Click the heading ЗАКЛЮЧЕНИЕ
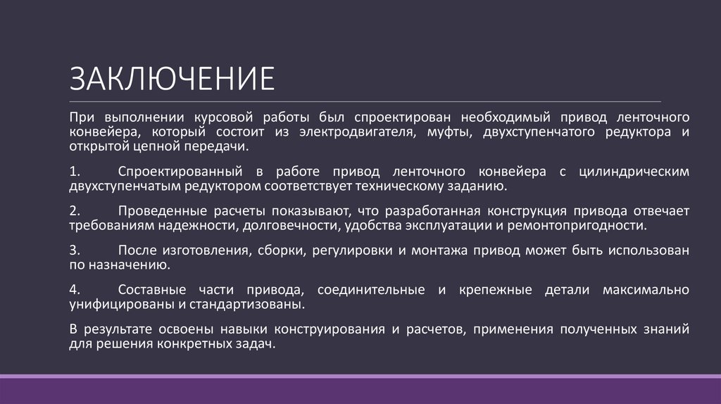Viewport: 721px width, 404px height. (x=171, y=79)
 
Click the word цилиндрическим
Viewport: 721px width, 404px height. (x=633, y=171)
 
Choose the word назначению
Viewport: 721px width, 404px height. (x=126, y=266)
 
